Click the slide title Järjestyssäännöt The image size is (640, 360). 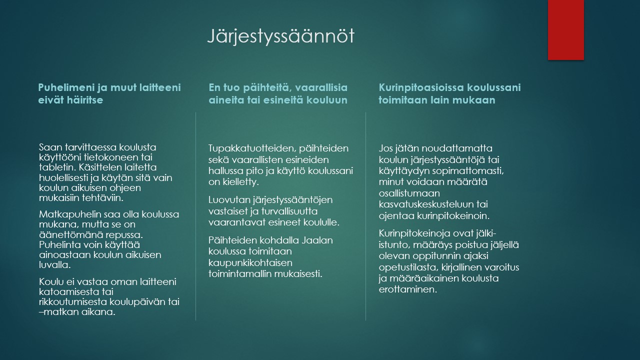click(280, 36)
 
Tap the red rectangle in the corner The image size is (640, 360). click(565, 30)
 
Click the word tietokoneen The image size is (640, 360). click(111, 157)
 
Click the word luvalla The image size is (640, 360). click(55, 265)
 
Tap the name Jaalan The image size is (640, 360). click(317, 240)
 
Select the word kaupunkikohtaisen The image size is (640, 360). click(250, 263)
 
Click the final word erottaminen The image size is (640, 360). click(408, 289)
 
